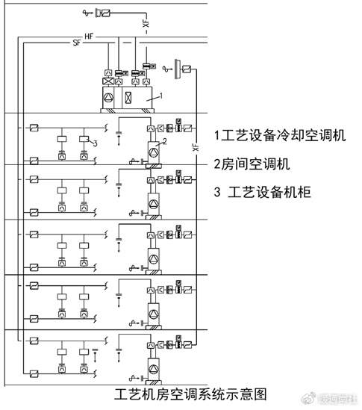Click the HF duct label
(x=89, y=36)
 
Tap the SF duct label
(x=77, y=43)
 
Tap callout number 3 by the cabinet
(x=96, y=143)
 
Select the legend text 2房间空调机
(x=252, y=164)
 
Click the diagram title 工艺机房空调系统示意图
(x=181, y=394)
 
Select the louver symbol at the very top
(x=103, y=13)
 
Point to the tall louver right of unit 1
(x=177, y=69)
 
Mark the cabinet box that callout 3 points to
(x=84, y=140)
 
